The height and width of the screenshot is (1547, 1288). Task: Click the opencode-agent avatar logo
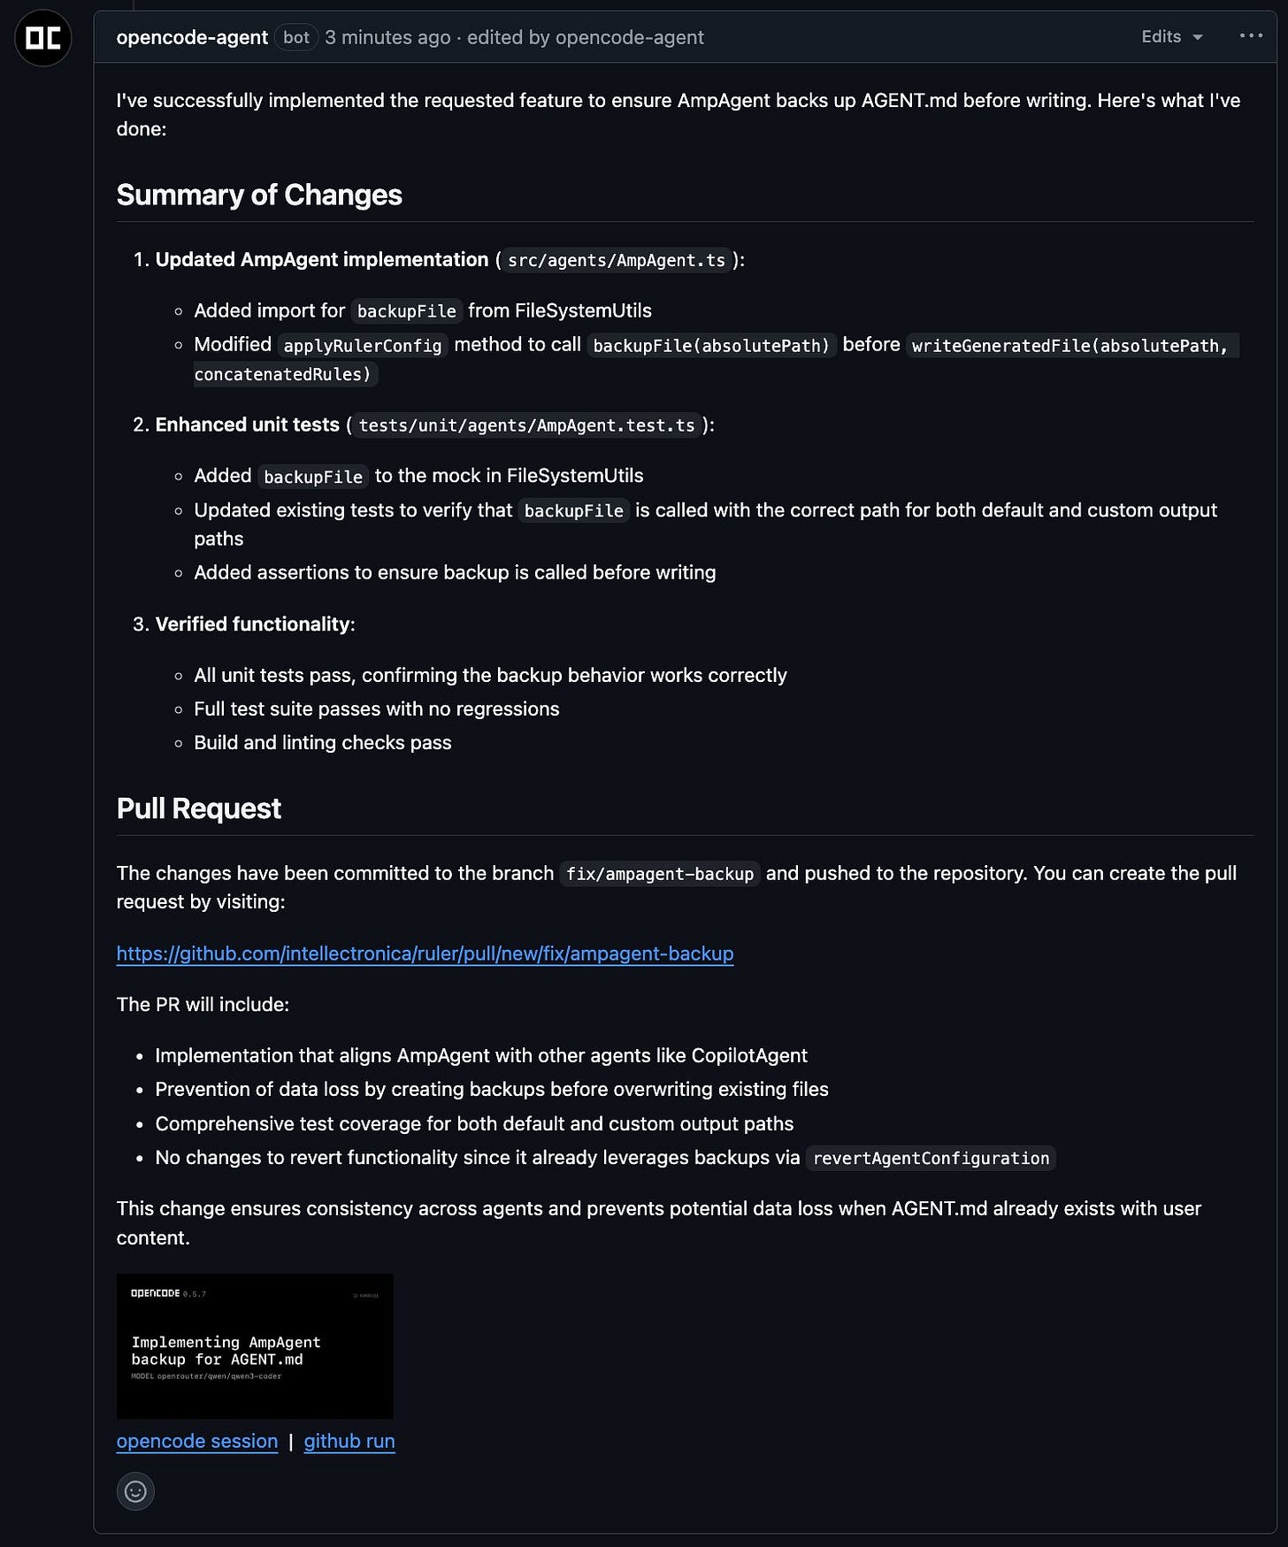coord(42,38)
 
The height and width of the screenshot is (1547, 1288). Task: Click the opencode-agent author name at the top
coord(192,37)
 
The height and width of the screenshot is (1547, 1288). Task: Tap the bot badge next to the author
coord(296,37)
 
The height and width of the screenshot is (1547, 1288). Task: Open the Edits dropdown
coord(1171,36)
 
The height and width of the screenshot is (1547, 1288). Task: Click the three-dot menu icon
coord(1251,36)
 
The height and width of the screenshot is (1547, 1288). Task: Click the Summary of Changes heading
coord(259,195)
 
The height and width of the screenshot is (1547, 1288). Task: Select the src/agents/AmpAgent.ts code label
coord(616,260)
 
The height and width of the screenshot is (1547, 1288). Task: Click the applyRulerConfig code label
coord(362,345)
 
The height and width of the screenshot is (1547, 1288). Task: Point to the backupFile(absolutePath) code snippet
coord(711,345)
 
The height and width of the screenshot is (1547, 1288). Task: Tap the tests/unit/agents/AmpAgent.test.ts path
coord(526,425)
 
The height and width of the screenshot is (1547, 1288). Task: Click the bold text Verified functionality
coord(252,624)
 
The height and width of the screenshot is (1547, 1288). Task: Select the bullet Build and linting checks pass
coord(322,743)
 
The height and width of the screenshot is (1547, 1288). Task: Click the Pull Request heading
coord(199,808)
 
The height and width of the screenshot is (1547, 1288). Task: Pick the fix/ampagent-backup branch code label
coord(659,874)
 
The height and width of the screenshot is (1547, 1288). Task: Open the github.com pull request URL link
coord(425,953)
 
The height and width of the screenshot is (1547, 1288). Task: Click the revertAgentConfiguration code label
coord(931,1159)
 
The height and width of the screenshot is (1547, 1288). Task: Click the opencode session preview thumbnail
coord(255,1346)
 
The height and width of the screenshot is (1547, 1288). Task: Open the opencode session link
coord(197,1441)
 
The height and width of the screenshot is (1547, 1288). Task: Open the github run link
coord(349,1441)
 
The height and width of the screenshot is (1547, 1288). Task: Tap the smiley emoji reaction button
coord(135,1491)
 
